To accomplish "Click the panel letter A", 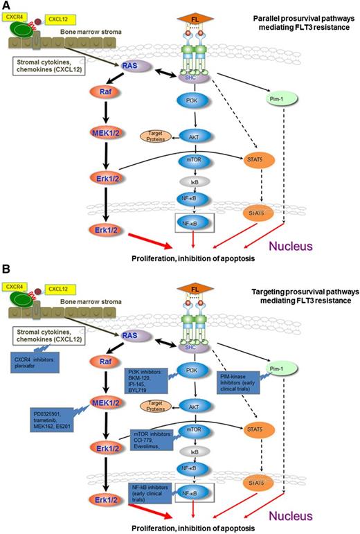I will pos(6,6).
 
